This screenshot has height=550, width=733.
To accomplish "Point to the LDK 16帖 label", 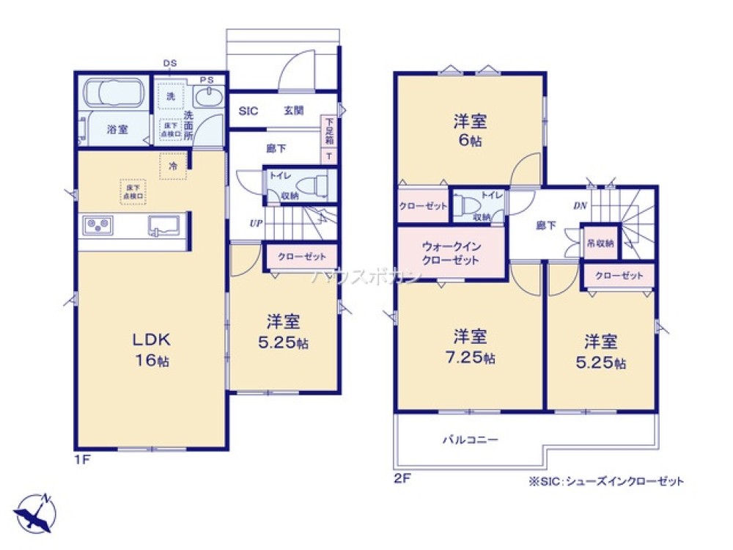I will [x=151, y=350].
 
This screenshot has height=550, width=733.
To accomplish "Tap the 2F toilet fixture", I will [x=463, y=207].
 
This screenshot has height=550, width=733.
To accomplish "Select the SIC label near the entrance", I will [x=248, y=111].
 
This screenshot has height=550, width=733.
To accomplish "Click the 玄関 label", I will [x=294, y=111].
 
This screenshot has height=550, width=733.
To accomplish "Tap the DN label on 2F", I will [x=579, y=206].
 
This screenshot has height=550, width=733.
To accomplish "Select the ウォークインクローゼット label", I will [x=451, y=254].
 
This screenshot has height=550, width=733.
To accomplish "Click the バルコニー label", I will [x=469, y=440].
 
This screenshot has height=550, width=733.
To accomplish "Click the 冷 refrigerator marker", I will [x=173, y=166].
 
